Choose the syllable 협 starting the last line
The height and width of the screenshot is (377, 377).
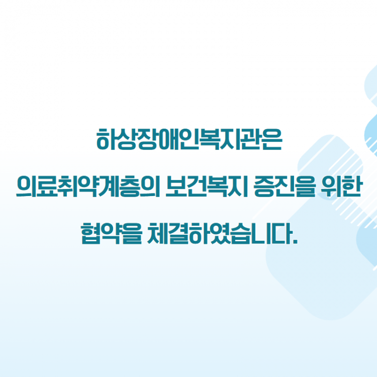(x=89, y=234)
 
